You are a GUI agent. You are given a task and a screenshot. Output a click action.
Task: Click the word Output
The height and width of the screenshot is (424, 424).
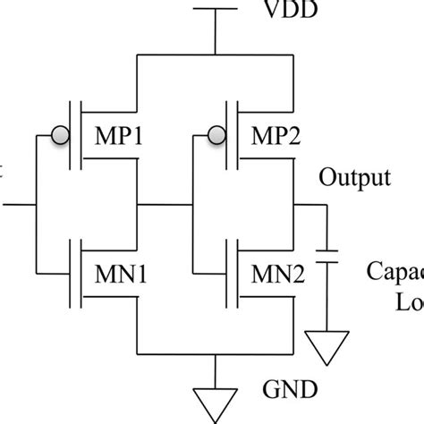pos(355,176)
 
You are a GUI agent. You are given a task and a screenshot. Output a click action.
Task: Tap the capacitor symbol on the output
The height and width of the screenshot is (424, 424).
pos(330,256)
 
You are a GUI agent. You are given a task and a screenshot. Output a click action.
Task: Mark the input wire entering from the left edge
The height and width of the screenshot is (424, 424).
pos(13,204)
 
